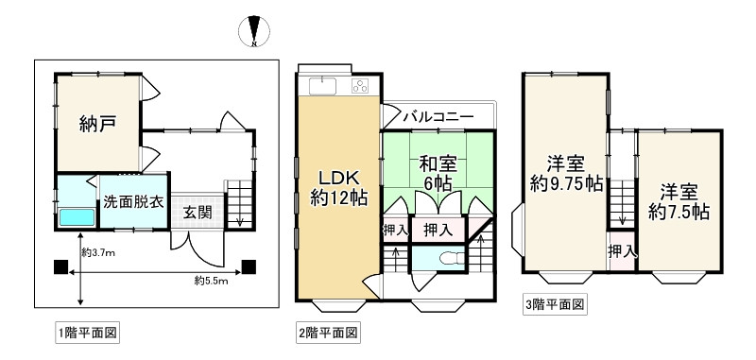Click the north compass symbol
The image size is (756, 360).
[x=253, y=31]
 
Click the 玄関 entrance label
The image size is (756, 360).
[x=198, y=210]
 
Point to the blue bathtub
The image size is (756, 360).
[x=77, y=217]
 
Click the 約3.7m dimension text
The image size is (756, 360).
[x=98, y=252]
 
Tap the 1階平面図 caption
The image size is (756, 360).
[x=86, y=333]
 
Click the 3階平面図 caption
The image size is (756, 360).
[x=556, y=304]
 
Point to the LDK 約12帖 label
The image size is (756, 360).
[x=337, y=187]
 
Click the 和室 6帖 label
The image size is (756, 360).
[x=437, y=171]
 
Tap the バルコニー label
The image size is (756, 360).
[x=438, y=118]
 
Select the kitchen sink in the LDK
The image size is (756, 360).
[x=322, y=88]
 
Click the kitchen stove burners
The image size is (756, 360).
[x=360, y=88]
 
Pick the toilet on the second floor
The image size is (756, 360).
[x=444, y=258]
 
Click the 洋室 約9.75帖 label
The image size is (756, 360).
[x=565, y=173]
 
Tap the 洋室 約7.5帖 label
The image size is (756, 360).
[x=679, y=199]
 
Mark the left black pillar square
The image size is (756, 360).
[x=60, y=266]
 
